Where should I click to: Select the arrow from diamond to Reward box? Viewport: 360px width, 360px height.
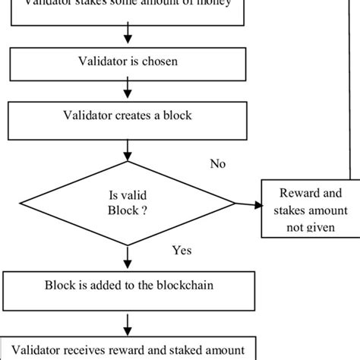click(x=248, y=204)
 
